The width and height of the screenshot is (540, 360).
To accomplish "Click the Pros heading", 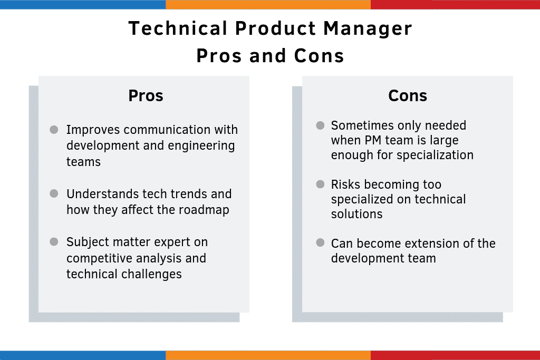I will (146, 95).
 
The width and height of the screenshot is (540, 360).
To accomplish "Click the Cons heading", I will (408, 95).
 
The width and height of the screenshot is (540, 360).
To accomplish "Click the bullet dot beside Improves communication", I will (54, 130).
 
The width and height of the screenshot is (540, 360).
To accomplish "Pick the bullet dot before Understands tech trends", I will (54, 194).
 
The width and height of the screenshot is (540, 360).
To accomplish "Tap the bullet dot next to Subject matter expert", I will (54, 242).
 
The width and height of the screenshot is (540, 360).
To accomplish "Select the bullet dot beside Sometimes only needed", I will (320, 125).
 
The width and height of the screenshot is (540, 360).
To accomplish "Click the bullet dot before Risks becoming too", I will (320, 184).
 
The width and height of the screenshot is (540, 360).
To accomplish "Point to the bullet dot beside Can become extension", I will (320, 243).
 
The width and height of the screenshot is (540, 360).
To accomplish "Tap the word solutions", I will (356, 214).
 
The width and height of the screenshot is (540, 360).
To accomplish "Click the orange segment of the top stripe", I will (268, 4).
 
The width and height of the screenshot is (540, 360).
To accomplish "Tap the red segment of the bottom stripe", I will (455, 355).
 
